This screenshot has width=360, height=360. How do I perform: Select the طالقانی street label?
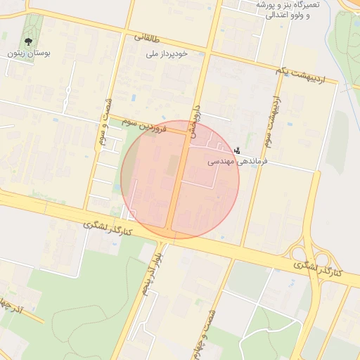click(146, 38)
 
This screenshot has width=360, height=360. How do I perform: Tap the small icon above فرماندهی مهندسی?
click(238, 150)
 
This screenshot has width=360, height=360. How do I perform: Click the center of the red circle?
click(180, 179)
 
